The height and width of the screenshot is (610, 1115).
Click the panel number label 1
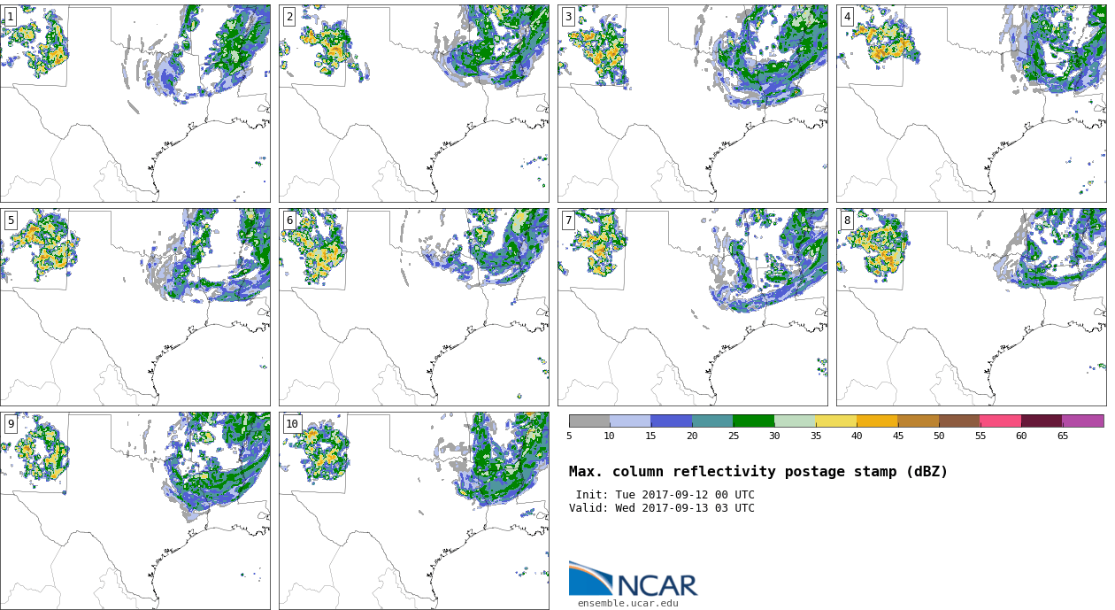10,17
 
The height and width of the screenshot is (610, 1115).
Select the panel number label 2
289,17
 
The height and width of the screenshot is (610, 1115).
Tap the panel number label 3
568,17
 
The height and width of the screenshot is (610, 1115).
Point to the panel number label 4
847,17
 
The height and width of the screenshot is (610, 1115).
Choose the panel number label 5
11,220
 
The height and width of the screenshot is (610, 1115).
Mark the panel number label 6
289,220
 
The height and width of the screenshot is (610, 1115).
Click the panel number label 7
568,220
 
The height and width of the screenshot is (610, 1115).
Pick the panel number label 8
847,220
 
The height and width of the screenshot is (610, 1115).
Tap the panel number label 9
11,424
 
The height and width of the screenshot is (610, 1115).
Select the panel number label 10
292,424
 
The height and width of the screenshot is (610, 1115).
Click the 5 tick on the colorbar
569,436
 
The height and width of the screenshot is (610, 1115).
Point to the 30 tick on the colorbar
774,436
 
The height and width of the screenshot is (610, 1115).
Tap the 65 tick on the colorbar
1062,436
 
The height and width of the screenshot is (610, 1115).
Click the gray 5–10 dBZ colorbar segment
589,421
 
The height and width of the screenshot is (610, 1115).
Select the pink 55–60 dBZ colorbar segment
1000,421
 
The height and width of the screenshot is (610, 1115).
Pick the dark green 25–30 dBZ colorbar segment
753,421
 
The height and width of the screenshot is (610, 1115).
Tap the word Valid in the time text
586,508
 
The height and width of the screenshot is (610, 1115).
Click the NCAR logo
633,580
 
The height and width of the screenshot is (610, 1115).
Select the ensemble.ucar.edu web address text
628,604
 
